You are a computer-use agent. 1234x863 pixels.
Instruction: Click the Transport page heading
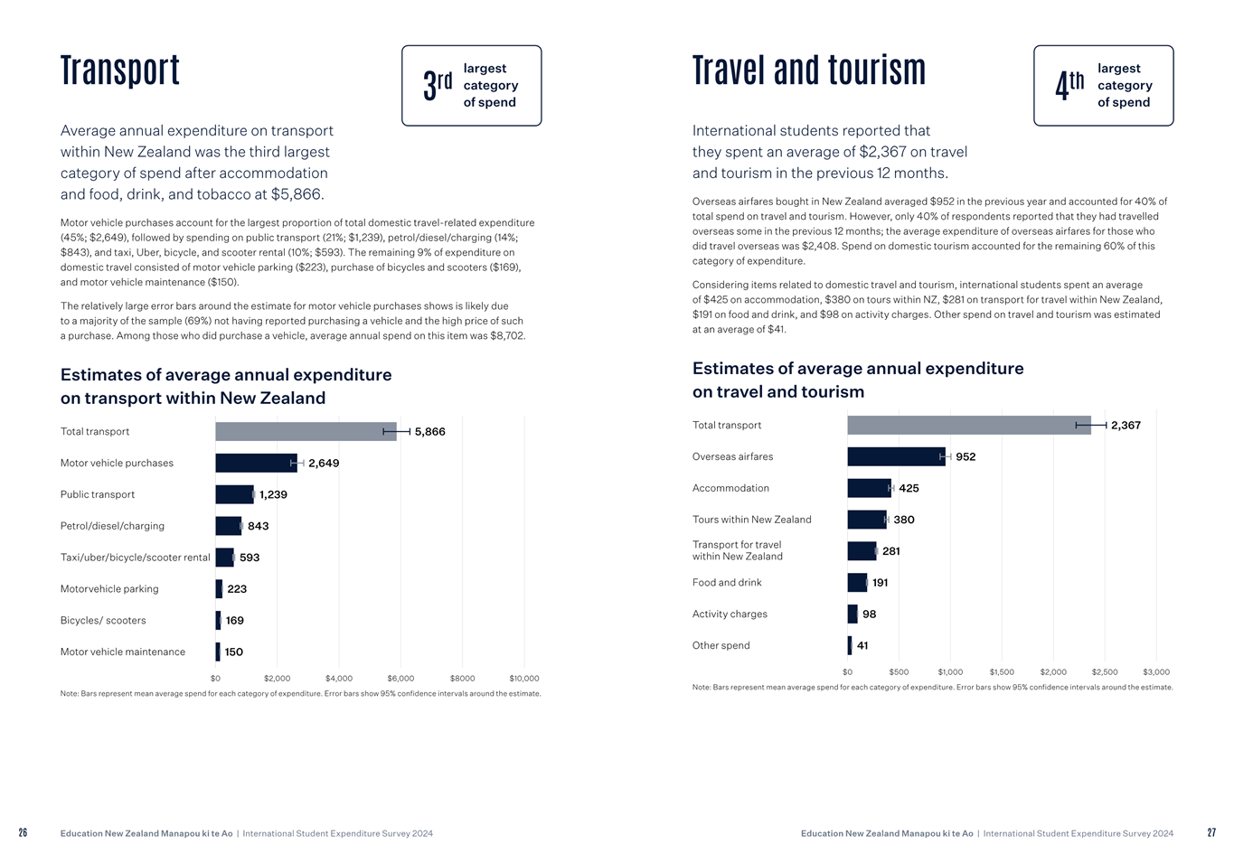pyautogui.click(x=120, y=70)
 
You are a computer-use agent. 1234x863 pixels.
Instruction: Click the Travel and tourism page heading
pyautogui.click(x=808, y=70)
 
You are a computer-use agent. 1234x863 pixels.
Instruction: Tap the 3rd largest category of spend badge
pyautogui.click(x=471, y=86)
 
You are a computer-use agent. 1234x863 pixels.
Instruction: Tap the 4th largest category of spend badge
pyautogui.click(x=1103, y=86)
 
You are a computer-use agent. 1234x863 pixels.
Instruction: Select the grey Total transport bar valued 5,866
pyautogui.click(x=306, y=432)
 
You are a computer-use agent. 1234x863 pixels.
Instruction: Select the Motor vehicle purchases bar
pyautogui.click(x=256, y=464)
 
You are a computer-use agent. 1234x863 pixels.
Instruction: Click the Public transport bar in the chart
pyautogui.click(x=234, y=494)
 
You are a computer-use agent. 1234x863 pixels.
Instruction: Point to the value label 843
pyautogui.click(x=258, y=526)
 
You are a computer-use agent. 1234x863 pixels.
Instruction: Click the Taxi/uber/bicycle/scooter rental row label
pyautogui.click(x=135, y=558)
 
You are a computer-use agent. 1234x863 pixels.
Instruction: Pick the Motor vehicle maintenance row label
pyautogui.click(x=123, y=652)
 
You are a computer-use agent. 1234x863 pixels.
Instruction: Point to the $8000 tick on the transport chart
pyautogui.click(x=462, y=679)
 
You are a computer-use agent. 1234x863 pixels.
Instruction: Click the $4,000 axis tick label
pyautogui.click(x=339, y=679)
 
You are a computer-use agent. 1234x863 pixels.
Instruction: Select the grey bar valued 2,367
pyautogui.click(x=968, y=426)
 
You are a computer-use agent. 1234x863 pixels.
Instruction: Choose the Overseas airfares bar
pyautogui.click(x=896, y=457)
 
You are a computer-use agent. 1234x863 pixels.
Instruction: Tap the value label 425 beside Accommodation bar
pyautogui.click(x=909, y=488)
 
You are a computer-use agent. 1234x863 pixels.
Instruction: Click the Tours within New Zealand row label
pyautogui.click(x=752, y=520)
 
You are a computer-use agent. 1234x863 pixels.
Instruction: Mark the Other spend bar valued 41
pyautogui.click(x=850, y=645)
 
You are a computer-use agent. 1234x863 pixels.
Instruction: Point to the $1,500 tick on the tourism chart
pyautogui.click(x=1002, y=672)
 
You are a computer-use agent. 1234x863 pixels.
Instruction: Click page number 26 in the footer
pyautogui.click(x=23, y=833)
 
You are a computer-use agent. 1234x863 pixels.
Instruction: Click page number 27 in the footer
pyautogui.click(x=1211, y=833)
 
